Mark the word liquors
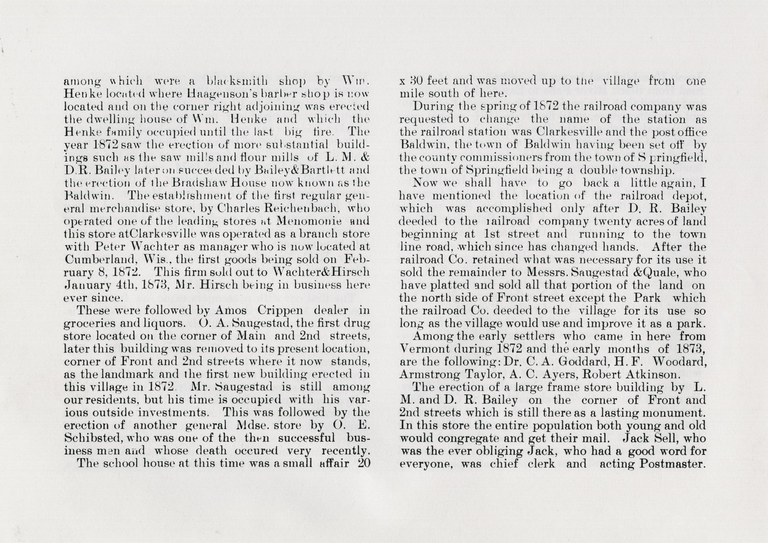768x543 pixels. (165, 323)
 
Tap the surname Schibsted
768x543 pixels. (89, 438)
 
